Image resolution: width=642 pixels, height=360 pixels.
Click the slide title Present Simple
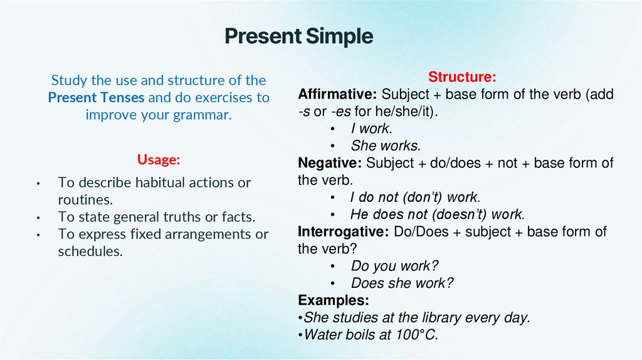298,36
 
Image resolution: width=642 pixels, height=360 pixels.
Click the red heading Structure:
462,77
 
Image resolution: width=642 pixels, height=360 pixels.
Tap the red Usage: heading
159,160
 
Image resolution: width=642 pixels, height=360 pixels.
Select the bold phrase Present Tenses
96,98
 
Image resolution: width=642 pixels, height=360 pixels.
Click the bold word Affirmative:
337,95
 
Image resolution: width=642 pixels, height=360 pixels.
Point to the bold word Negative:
330,163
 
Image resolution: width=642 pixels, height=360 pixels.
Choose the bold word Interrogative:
344,231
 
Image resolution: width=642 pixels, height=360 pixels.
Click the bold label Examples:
334,299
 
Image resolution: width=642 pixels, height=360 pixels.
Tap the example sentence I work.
371,129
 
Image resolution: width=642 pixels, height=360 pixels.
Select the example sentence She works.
385,146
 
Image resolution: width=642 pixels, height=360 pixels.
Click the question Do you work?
394,265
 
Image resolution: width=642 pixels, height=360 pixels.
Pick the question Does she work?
401,283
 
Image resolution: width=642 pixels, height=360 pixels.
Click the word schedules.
90,251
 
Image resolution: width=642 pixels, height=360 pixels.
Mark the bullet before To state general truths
39,218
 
